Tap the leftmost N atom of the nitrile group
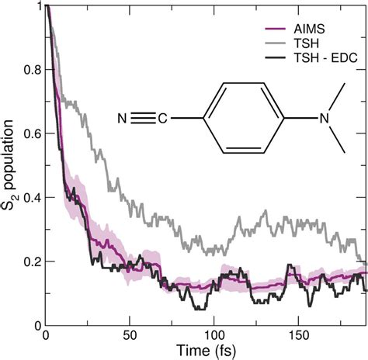[x=123, y=119]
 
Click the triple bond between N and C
[x=143, y=119]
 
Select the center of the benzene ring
[x=240, y=119]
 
